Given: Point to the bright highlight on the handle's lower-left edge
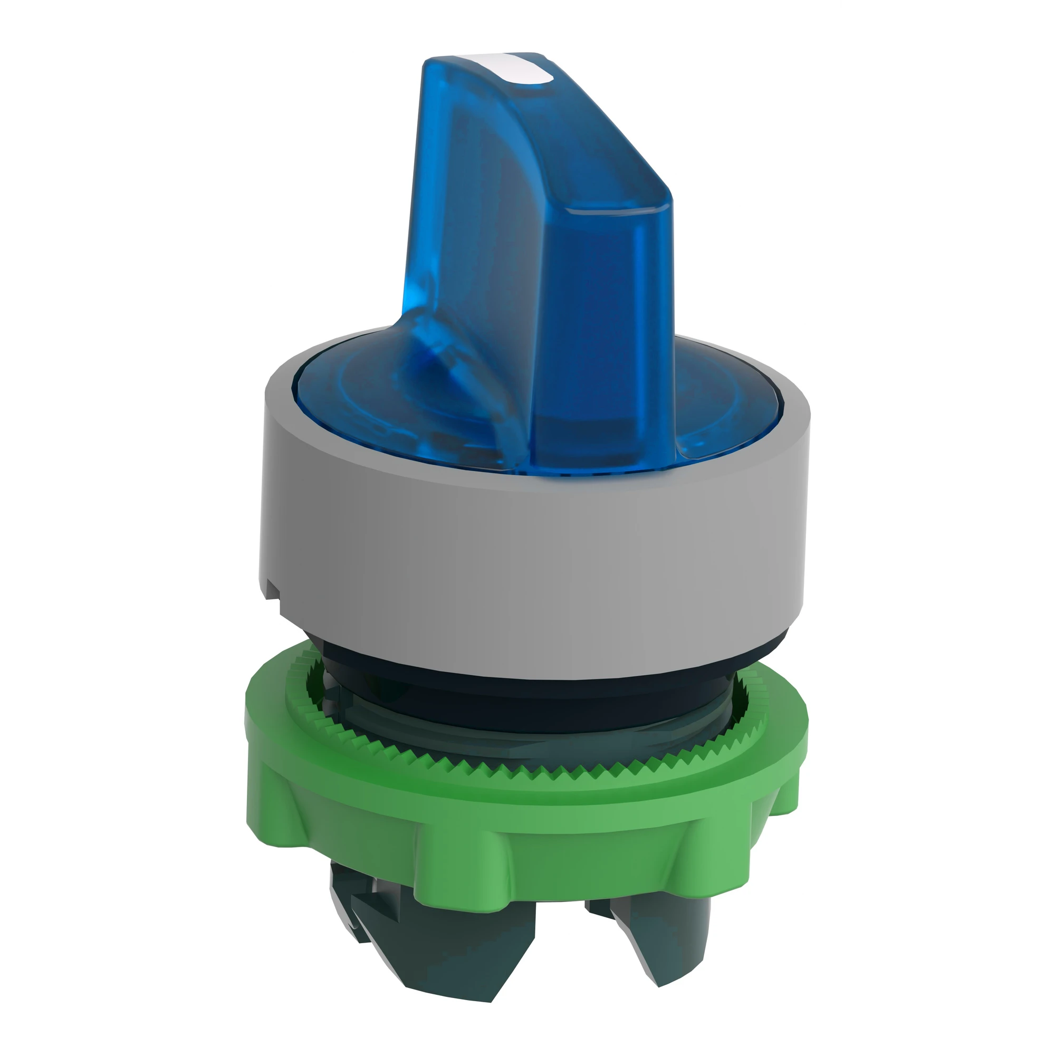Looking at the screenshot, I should pyautogui.click(x=437, y=350).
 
